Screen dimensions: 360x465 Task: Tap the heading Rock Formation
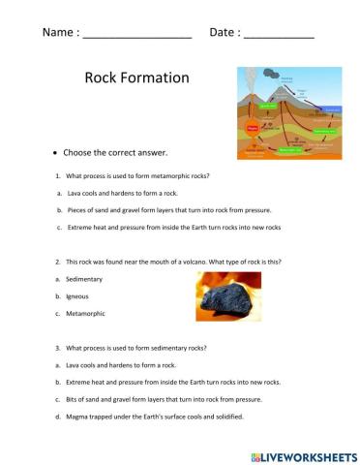pos(136,77)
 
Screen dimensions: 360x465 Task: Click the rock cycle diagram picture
pos(289,112)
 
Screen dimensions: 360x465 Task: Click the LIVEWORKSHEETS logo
pos(302,455)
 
